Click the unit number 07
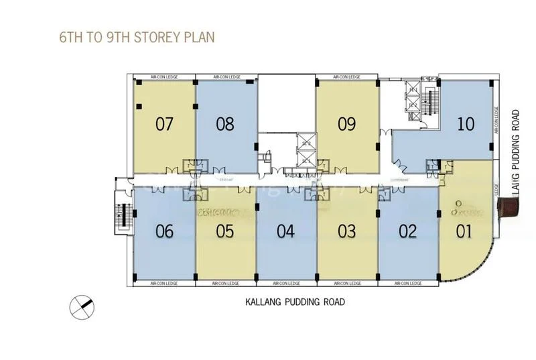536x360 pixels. [x=164, y=124]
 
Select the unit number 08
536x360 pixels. [x=225, y=124]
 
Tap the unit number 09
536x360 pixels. [x=346, y=124]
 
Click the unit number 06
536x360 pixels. [x=164, y=232]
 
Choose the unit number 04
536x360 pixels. [x=285, y=232]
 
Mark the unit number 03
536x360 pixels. [x=346, y=232]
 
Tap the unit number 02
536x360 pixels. [x=407, y=232]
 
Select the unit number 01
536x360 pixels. [x=464, y=232]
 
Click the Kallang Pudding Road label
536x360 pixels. [x=295, y=302]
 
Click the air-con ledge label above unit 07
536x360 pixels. [x=164, y=78]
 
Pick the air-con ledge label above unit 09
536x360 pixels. [x=346, y=78]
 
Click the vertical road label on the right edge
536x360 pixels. [x=515, y=155]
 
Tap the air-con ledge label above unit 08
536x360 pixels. [x=225, y=78]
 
